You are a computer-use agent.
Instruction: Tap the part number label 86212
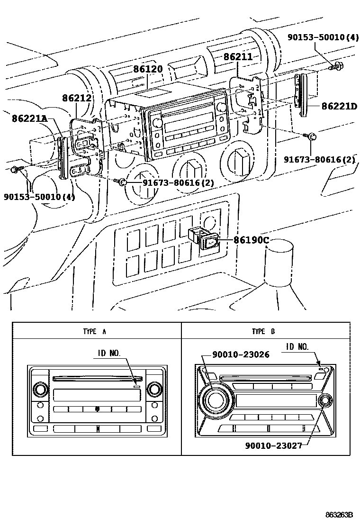coord(76,98)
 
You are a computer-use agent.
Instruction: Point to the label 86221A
coord(30,118)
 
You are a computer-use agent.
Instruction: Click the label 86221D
coord(339,106)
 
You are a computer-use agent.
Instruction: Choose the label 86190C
coord(251,240)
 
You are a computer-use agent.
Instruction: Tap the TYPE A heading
coord(94,332)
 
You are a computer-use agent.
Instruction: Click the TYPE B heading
coord(263,332)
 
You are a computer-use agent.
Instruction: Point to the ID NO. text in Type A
coord(109,353)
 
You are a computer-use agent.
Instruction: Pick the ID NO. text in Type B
coord(297,347)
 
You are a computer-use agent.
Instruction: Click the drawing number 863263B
coord(340,515)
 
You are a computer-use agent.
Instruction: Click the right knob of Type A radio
coord(153,390)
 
